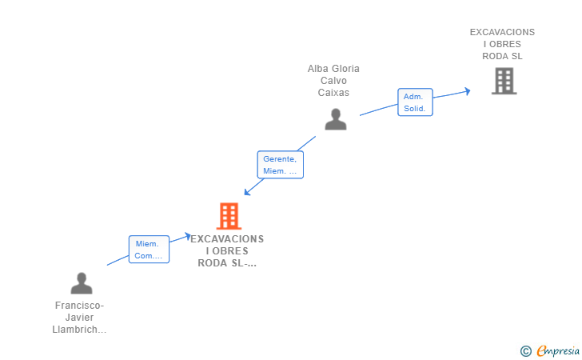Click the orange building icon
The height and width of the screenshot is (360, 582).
(229, 216)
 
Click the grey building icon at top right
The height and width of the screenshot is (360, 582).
(504, 81)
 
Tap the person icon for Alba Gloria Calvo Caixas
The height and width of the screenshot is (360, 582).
(336, 119)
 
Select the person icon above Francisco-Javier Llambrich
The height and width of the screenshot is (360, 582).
(82, 283)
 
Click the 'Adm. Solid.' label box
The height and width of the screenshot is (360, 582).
(415, 102)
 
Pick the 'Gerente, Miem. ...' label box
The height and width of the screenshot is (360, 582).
(281, 165)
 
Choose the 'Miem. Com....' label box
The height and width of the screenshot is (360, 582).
(149, 250)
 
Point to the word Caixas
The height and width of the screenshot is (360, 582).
(333, 93)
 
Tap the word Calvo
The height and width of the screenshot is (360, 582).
(333, 81)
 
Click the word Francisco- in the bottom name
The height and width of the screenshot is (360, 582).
(79, 306)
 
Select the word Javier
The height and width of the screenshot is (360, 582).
(79, 318)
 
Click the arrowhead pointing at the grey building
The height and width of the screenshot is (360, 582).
(468, 91)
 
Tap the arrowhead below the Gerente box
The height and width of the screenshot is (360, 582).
(248, 192)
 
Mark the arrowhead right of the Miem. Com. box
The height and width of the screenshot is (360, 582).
(188, 236)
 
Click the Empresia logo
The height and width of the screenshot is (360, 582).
(558, 350)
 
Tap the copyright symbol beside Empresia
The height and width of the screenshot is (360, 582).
(526, 351)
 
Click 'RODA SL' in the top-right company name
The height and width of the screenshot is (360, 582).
(502, 57)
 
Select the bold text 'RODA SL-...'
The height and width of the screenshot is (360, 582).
(227, 263)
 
